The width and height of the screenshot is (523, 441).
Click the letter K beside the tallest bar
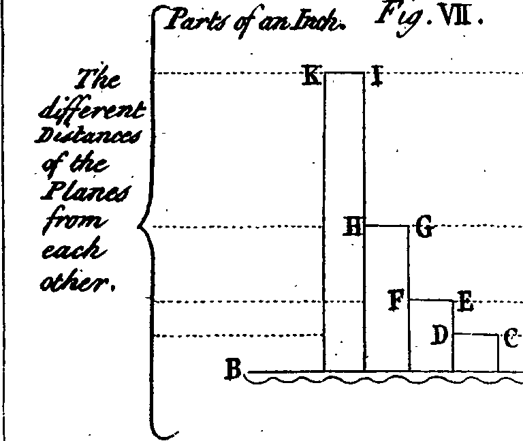311,76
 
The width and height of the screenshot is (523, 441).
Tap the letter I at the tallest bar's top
377,76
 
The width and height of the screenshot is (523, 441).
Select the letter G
425,226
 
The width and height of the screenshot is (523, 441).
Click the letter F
396,300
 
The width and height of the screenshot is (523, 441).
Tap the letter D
439,335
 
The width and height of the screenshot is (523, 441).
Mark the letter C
511,337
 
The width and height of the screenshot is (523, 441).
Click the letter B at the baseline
233,369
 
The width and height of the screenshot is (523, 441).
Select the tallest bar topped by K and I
344,222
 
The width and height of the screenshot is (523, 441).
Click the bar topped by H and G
387,299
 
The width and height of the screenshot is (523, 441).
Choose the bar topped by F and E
431,335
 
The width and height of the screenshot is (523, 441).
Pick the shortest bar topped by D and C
476,352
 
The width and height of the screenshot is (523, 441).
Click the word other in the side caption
78,280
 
